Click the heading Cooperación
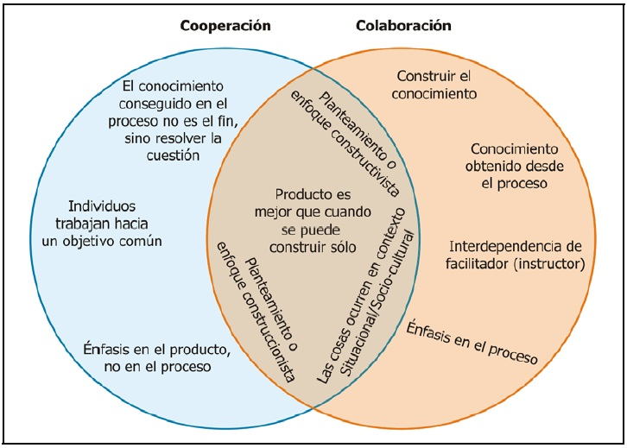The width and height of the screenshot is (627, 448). click(x=225, y=26)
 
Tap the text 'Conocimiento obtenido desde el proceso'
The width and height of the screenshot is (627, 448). click(x=510, y=165)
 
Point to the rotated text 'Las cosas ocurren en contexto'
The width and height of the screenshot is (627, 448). click(x=356, y=289)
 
